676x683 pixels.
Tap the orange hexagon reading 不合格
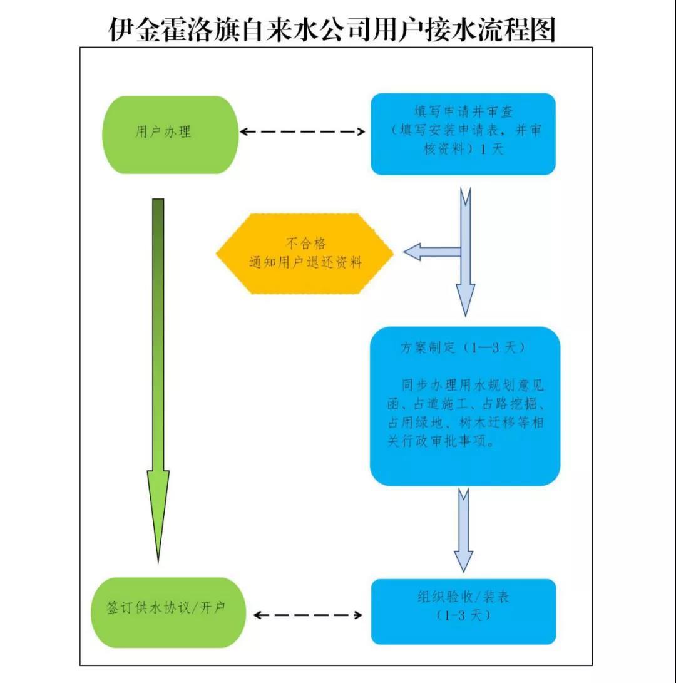click(305, 253)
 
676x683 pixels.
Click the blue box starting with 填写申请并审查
click(463, 133)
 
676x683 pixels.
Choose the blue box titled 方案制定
click(464, 406)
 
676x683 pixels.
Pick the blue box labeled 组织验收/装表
click(463, 610)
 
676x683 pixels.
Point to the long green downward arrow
click(158, 376)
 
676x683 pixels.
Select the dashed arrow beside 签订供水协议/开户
click(308, 615)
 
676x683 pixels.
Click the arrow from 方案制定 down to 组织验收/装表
click(463, 529)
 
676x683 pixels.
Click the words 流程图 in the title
click(525, 29)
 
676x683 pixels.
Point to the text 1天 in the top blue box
click(492, 150)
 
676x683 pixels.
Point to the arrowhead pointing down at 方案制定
click(464, 300)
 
